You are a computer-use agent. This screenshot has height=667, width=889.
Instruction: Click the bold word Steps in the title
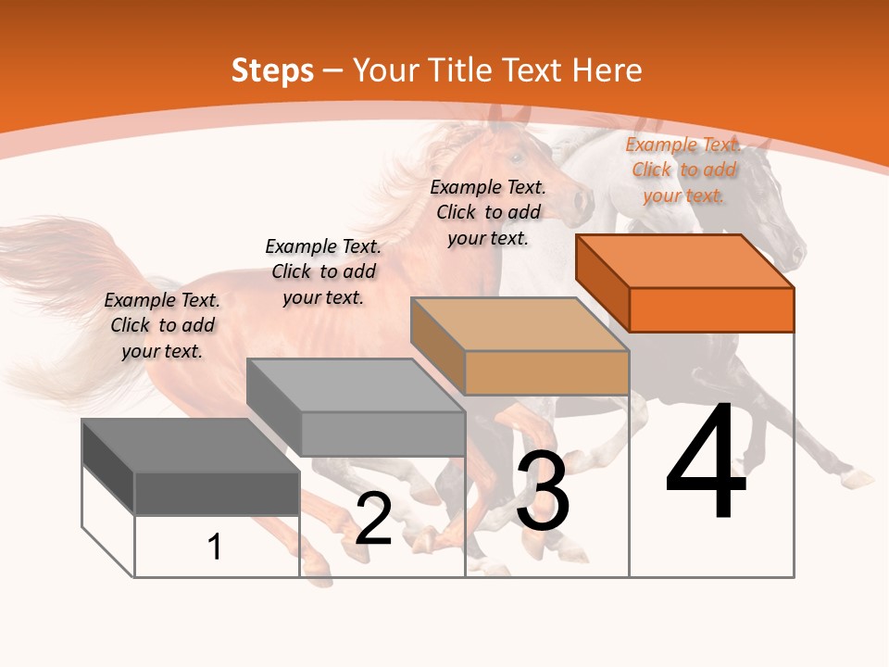272,70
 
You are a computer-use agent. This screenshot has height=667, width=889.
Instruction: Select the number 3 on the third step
543,491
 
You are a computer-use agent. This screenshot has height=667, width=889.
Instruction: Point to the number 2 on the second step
373,518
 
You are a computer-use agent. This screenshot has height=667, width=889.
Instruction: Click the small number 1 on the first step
215,547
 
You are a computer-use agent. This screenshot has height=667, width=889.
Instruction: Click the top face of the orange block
685,261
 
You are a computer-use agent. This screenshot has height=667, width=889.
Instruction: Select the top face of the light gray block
356,385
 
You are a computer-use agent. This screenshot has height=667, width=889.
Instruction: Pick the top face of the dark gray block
191,446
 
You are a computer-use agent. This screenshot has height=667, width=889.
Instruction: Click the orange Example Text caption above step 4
683,170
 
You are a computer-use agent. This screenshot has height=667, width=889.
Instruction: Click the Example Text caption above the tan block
488,212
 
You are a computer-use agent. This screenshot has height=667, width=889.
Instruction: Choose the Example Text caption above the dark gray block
162,325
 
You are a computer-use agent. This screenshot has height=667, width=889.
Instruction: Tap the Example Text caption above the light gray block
323,271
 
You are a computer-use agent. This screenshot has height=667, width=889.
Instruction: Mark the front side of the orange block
711,309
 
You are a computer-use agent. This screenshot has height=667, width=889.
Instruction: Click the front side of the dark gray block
217,493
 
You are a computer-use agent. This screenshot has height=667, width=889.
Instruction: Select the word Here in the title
607,70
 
